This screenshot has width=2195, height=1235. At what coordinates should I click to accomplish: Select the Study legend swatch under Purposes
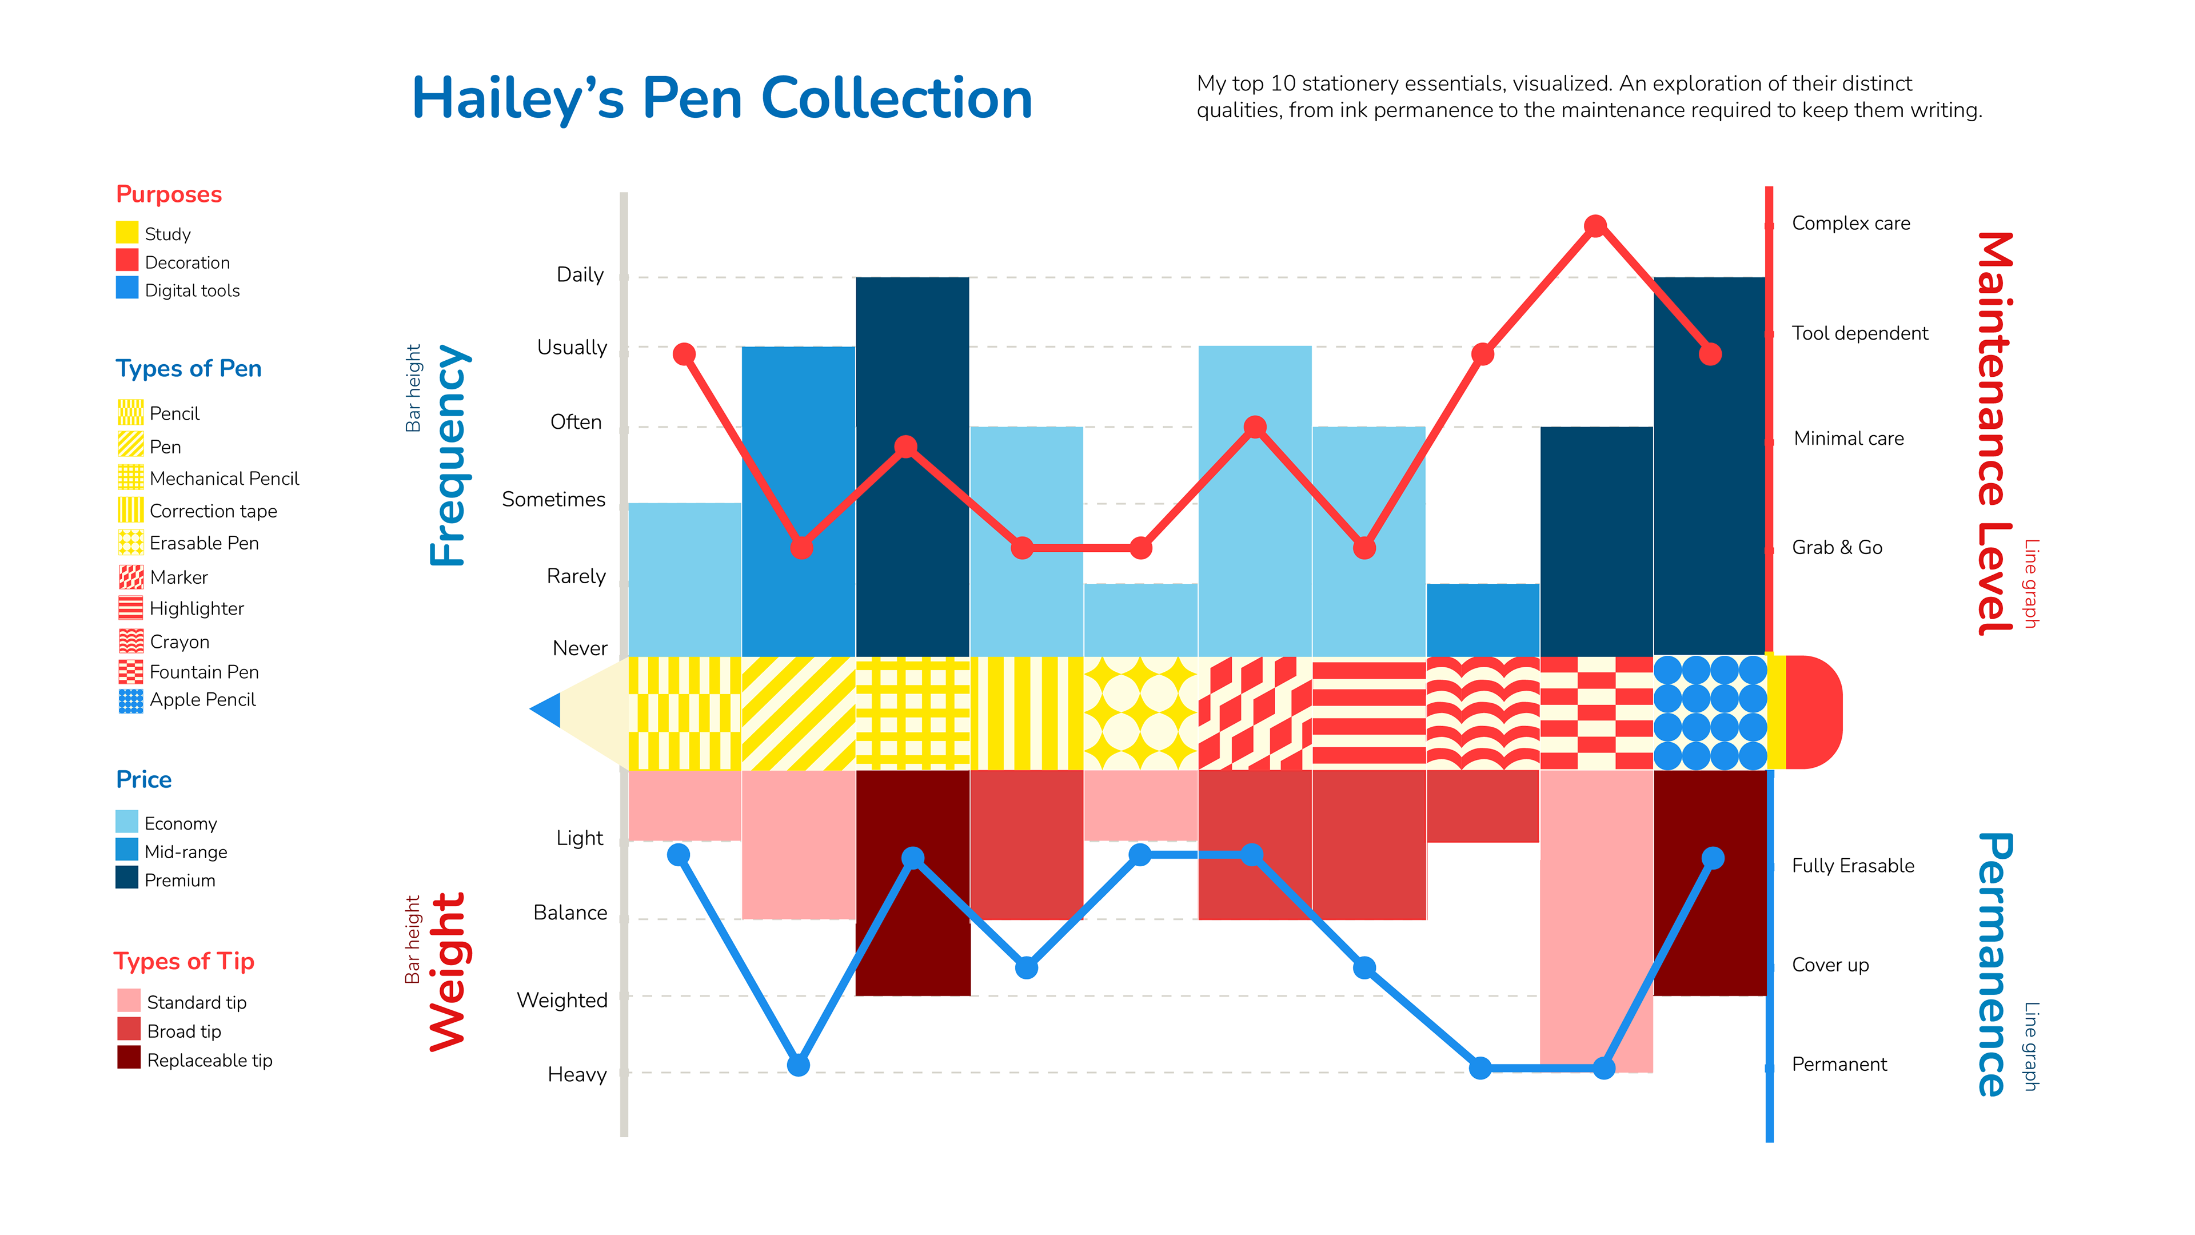[127, 233]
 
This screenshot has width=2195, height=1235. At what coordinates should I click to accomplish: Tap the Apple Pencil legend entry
[202, 700]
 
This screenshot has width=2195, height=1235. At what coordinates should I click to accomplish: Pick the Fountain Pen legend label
[203, 672]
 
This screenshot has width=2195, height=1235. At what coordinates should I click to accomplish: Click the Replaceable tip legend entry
[209, 1060]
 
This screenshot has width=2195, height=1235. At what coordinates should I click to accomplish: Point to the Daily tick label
[580, 274]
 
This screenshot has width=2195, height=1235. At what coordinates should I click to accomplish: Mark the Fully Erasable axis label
[1853, 866]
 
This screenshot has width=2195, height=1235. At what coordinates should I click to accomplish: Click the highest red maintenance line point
[1595, 226]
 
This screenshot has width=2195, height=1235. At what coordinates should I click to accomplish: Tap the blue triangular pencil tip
[546, 710]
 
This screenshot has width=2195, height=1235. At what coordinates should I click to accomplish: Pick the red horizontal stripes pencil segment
[1368, 712]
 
